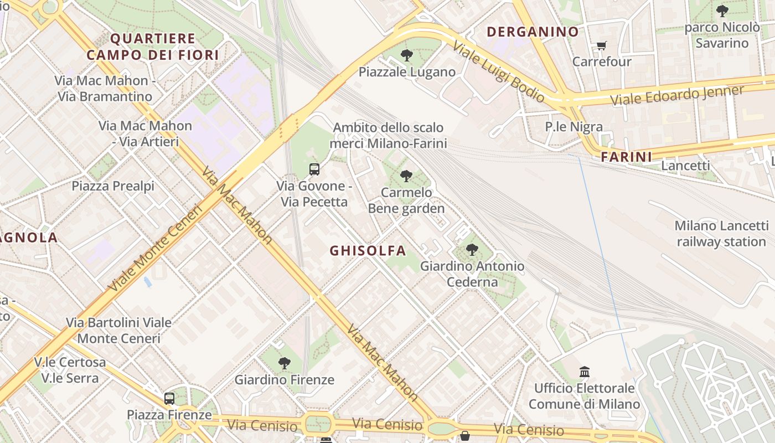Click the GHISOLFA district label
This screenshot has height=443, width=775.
tap(368, 251)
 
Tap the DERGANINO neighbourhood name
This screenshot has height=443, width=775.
tap(533, 32)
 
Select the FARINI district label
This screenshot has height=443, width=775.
tap(627, 157)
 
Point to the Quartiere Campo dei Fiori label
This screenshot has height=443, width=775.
tap(153, 47)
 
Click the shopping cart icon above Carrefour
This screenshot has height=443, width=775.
tap(602, 45)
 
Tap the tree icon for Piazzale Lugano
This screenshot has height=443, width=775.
tap(407, 55)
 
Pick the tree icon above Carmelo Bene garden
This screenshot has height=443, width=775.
tap(406, 176)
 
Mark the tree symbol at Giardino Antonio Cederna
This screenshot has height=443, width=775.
tap(472, 250)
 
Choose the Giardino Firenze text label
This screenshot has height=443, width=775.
tap(285, 380)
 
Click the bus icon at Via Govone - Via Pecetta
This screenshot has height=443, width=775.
tap(314, 169)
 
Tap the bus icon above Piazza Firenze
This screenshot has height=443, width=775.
tap(169, 398)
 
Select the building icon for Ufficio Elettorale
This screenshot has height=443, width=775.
tap(585, 372)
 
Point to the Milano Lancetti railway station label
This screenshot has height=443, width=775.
tap(721, 234)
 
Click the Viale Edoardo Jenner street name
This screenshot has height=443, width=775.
tap(676, 96)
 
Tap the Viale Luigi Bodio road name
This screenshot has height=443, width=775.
tap(498, 71)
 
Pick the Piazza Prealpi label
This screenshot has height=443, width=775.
tap(113, 186)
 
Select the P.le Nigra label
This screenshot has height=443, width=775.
tap(573, 127)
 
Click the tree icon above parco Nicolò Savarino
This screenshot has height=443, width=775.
tap(722, 11)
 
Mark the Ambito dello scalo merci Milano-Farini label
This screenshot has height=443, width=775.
tap(388, 136)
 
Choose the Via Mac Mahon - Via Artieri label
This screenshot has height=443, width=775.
tap(146, 133)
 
